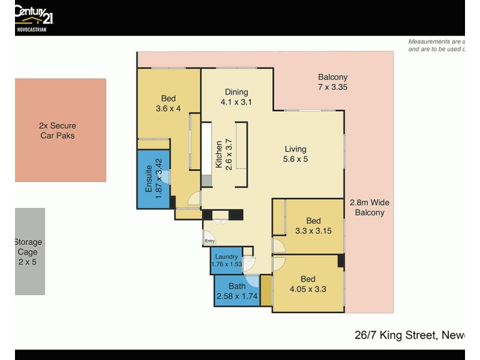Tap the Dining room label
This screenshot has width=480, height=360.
[x=236, y=97]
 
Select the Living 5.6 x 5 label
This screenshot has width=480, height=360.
[x=295, y=154]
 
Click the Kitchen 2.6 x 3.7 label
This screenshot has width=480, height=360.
[x=223, y=154]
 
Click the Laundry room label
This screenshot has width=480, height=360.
[x=226, y=260]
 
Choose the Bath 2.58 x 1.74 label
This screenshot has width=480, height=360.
[x=237, y=290]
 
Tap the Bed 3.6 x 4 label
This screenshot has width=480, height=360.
[x=168, y=103]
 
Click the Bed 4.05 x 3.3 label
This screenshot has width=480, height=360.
[x=308, y=283]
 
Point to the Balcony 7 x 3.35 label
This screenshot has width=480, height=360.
[x=332, y=82]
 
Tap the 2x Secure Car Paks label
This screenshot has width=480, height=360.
[x=58, y=131]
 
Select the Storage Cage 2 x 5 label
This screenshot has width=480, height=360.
[x=29, y=252]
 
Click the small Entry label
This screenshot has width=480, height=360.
[x=209, y=241]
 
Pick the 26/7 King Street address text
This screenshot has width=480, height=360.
[x=407, y=335]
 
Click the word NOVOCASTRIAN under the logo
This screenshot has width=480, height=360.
[x=31, y=29]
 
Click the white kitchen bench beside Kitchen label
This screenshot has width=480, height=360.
[x=206, y=154]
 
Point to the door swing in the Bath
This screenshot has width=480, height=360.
[x=253, y=280]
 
